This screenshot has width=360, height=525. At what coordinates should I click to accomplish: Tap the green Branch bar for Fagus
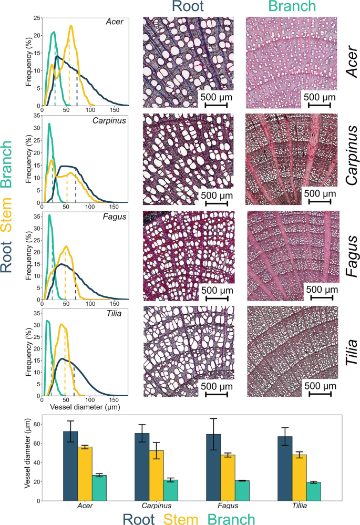(242, 490)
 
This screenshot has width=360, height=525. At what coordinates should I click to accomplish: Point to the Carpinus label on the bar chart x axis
(157, 506)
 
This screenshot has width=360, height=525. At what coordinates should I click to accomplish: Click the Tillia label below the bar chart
(300, 506)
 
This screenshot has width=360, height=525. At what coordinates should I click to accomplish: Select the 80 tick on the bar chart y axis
(34, 424)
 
